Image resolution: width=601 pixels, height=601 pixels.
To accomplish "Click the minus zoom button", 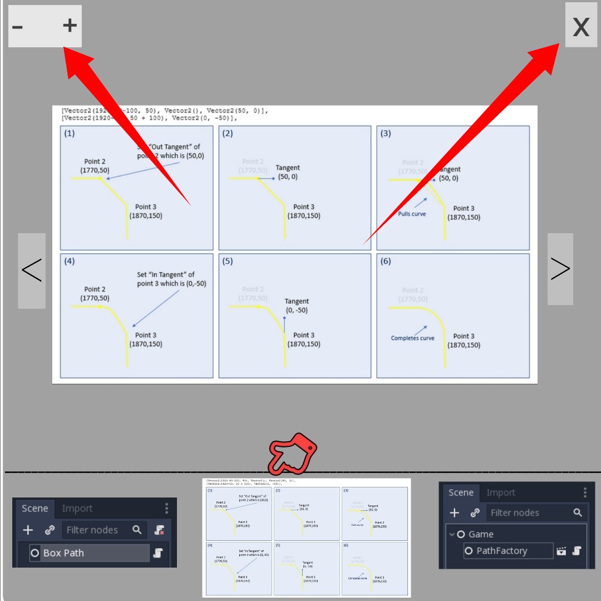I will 18,26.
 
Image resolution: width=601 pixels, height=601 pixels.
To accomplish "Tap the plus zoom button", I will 70,25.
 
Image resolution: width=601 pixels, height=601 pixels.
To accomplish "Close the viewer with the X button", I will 581,26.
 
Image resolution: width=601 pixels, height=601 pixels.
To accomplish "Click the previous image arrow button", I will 32,270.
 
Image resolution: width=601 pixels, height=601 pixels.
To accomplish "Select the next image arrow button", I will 560,269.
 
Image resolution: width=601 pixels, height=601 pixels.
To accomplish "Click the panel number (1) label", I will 70,134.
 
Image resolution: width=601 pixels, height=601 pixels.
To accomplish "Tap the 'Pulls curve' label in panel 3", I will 412,214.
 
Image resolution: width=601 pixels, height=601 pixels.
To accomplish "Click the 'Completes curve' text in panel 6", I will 412,338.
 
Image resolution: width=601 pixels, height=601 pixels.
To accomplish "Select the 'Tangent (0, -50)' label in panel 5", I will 297,306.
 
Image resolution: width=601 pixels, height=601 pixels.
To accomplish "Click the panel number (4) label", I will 70,261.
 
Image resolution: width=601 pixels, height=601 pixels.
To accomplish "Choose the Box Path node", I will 63,553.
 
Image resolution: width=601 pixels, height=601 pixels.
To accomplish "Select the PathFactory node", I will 501,550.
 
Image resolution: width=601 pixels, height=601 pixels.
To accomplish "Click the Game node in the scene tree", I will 481,534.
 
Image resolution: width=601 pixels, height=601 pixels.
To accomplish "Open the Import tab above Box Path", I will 77,509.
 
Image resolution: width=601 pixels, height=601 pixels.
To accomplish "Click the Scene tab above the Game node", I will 461,492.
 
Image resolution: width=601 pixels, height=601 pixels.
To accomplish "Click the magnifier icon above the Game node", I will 578,513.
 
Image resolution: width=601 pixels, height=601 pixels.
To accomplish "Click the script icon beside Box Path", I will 158,553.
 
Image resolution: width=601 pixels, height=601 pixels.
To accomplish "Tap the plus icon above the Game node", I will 454,513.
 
